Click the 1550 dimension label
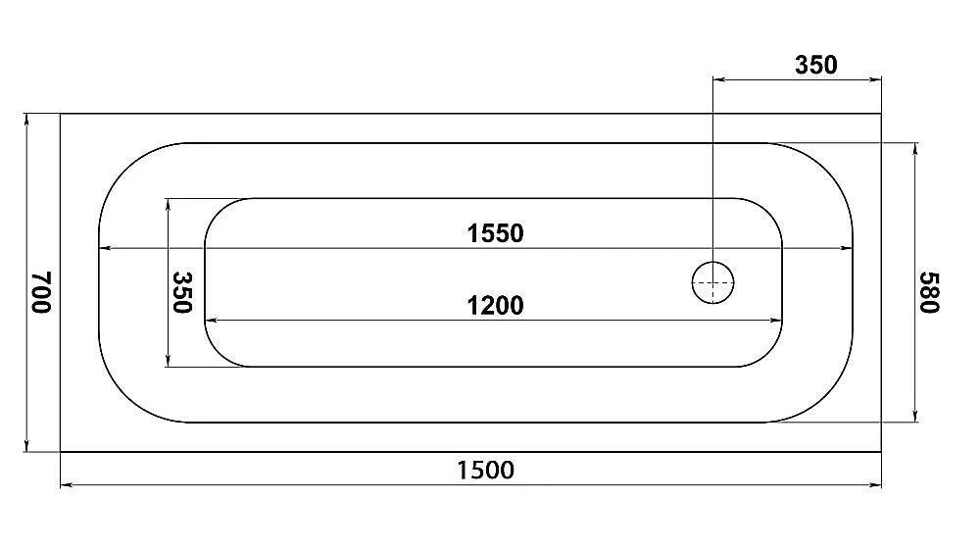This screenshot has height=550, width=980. click(x=495, y=233)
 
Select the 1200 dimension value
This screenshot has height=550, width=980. click(x=495, y=306)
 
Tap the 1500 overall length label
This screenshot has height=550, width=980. click(x=486, y=470)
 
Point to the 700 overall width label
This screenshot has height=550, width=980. click(x=41, y=292)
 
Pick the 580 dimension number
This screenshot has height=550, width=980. click(x=929, y=292)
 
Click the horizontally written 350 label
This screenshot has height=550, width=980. click(x=815, y=65)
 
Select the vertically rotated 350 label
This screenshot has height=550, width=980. click(x=182, y=292)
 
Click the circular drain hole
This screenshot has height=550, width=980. click(x=713, y=282)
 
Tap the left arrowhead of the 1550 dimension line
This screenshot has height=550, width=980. click(x=106, y=248)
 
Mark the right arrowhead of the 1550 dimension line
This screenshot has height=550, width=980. click(x=846, y=248)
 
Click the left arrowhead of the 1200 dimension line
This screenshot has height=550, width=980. click(x=212, y=320)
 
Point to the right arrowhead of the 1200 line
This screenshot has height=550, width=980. click(x=776, y=320)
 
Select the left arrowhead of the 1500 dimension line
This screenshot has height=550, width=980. click(x=67, y=484)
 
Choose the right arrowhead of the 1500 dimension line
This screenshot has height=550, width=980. click(x=875, y=484)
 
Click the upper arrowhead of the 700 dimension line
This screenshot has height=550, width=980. click(x=26, y=120)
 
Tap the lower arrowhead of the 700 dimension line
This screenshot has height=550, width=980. click(x=26, y=445)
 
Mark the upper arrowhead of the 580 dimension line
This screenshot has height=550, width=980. click(x=915, y=149)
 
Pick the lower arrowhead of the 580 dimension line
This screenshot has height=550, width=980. click(x=915, y=416)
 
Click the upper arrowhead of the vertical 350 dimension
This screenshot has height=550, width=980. click(x=169, y=205)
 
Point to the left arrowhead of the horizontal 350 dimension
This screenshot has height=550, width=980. click(x=719, y=79)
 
